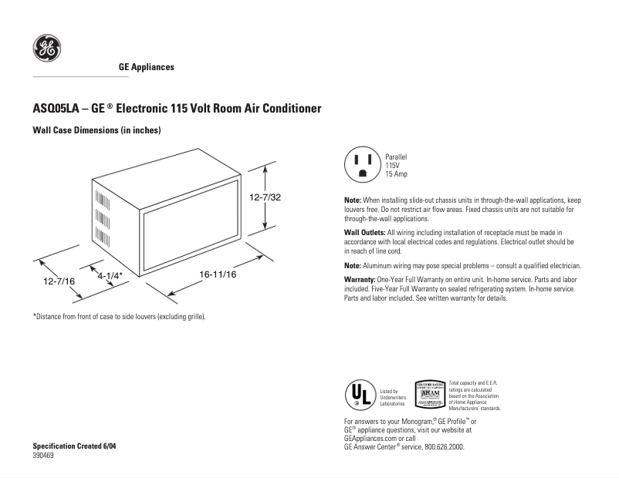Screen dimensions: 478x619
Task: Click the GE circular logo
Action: tap(46, 49)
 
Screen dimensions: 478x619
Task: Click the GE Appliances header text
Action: tap(146, 67)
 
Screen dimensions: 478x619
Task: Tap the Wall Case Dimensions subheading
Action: tap(96, 130)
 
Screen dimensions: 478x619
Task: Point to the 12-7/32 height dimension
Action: tap(264, 197)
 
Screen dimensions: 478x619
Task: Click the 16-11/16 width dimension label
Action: tap(217, 274)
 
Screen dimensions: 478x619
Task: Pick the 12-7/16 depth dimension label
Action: tap(59, 282)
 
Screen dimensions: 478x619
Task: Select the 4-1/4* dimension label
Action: tap(110, 274)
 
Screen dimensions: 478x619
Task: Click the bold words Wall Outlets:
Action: tap(364, 232)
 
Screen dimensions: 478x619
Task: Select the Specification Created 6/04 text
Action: tap(75, 447)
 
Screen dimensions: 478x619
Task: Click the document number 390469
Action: tap(44, 456)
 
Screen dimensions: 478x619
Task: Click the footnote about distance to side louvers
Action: tap(119, 317)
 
